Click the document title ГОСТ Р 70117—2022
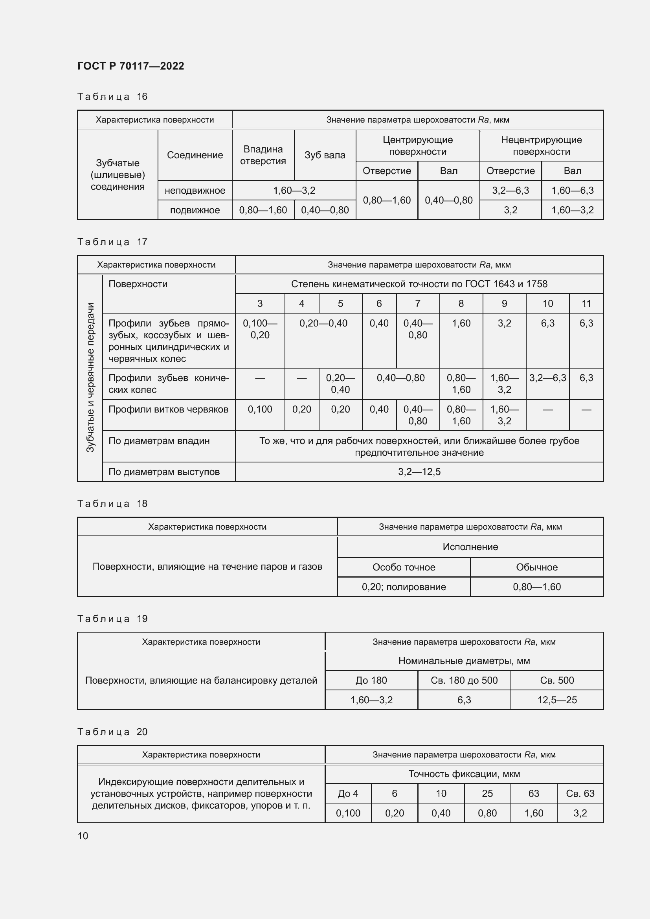click(130, 66)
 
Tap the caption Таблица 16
click(112, 97)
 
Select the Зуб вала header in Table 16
click(325, 155)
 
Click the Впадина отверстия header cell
click(263, 155)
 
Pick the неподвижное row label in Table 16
click(195, 191)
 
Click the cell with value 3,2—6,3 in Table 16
click(510, 191)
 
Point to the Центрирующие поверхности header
click(417, 146)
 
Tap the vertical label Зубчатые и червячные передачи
click(90, 378)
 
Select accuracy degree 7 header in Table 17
click(417, 304)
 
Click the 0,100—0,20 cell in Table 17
click(260, 329)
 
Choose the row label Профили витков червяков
click(168, 409)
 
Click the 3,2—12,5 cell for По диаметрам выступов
click(419, 472)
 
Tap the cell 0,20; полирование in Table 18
click(404, 587)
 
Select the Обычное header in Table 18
click(536, 567)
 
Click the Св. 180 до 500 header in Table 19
click(464, 681)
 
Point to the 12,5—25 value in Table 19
click(557, 700)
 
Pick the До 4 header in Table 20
click(348, 793)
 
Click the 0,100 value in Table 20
click(348, 813)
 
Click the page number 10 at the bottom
click(83, 836)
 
